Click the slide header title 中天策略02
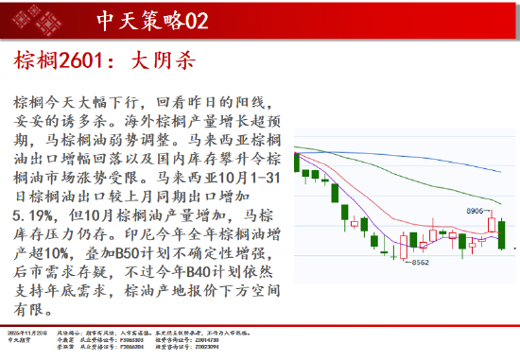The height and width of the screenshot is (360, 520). click(152, 20)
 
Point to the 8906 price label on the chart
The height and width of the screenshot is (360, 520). click(475, 211)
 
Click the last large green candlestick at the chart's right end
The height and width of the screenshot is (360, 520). click(501, 233)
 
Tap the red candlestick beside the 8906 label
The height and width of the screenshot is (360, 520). click(492, 223)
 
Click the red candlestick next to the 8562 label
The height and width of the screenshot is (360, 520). click(403, 251)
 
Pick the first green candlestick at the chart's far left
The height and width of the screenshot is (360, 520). click(297, 163)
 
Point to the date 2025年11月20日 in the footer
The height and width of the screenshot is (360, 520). click(28, 332)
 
